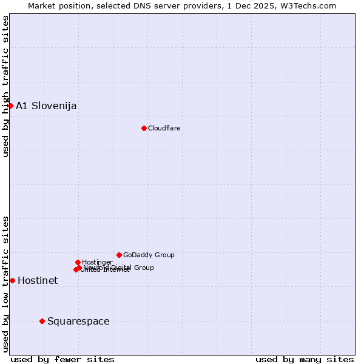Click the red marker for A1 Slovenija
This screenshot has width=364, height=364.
10,106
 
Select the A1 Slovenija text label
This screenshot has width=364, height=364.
46,106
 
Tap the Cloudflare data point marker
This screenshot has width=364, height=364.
144,128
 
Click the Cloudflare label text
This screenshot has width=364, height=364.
164,129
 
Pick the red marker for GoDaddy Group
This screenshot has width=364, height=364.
119,255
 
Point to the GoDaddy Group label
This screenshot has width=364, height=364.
149,255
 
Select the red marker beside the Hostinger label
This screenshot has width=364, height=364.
78,262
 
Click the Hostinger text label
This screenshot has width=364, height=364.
97,263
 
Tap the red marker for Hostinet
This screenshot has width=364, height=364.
12,280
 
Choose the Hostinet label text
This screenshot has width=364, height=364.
38,281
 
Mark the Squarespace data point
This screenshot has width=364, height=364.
42,321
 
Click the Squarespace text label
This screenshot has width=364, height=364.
78,322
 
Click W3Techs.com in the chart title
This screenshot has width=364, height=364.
311,6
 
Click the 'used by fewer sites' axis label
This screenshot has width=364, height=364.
62,360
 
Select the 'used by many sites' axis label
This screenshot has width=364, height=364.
305,360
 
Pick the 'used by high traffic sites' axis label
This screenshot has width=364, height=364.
6,86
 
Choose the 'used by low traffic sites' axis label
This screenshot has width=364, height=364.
6,284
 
